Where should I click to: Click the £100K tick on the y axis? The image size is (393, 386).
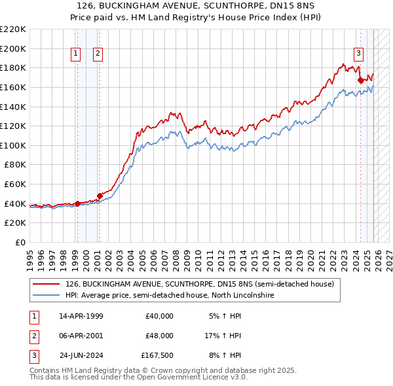pos(13,145)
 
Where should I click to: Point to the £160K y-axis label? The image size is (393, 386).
pos(13,87)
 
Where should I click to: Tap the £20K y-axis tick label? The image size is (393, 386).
pos(15,223)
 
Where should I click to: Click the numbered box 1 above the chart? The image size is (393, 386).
pos(77,54)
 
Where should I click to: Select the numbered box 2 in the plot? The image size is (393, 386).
pos(98,54)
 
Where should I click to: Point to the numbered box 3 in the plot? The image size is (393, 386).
pos(359,54)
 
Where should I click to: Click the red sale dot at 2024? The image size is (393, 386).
pos(360,80)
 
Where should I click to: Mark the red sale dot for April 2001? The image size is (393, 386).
pos(100,196)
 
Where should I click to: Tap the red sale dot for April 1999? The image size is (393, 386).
pos(78,203)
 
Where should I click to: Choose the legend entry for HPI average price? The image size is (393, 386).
pos(169,295)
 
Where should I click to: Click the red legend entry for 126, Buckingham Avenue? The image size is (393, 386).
pos(199,284)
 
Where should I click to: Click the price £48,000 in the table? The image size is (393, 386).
pos(159,336)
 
